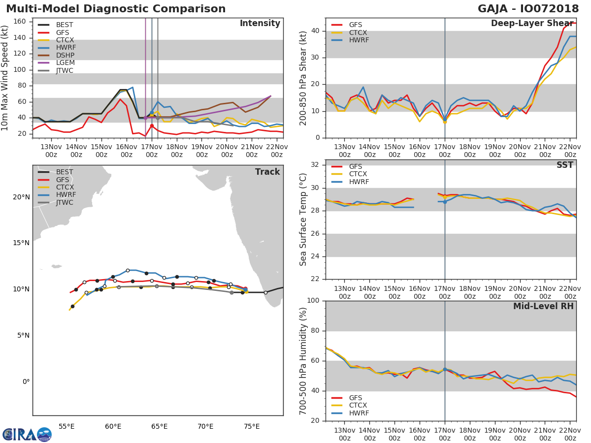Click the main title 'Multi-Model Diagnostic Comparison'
click(116, 9)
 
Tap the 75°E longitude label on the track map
click(252, 426)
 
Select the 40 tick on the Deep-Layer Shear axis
click(315, 31)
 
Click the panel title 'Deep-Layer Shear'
click(532, 24)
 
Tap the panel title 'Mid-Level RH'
click(543, 306)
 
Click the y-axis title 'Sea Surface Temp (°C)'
click(304, 219)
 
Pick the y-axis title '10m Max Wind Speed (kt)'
click(5, 78)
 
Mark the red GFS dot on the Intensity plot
click(152, 126)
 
